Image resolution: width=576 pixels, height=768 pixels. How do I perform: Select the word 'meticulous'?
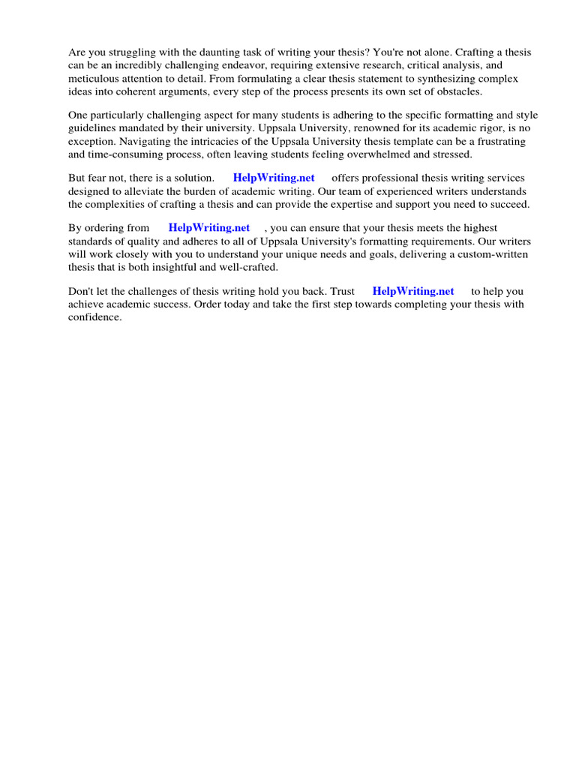click(92, 78)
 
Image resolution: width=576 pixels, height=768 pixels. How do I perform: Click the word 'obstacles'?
click(436, 91)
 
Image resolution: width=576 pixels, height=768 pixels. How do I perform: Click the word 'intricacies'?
click(206, 141)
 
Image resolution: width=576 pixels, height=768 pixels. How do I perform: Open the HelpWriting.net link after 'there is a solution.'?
click(274, 178)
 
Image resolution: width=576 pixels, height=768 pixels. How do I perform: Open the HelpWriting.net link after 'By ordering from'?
click(209, 228)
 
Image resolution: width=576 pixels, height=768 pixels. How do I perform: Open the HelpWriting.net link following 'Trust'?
click(413, 292)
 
